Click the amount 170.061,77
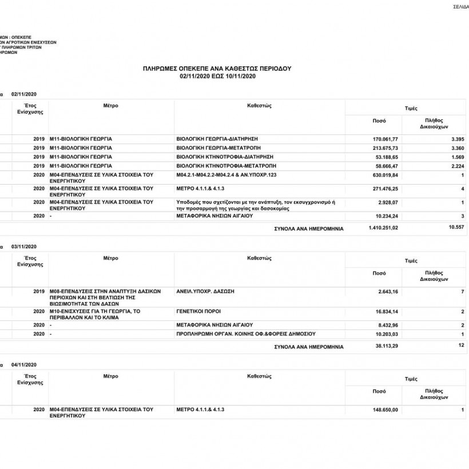pos(385,139)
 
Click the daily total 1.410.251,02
pos(383,228)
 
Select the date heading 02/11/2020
pos(23,93)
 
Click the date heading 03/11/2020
pos(23,247)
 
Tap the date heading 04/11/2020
pos(23,364)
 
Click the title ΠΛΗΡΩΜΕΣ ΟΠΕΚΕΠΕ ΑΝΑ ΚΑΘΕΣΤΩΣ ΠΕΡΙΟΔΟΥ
pos(217,68)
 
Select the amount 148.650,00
pos(385,410)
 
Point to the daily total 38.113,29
pos(386,346)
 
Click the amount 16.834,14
pos(386,312)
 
